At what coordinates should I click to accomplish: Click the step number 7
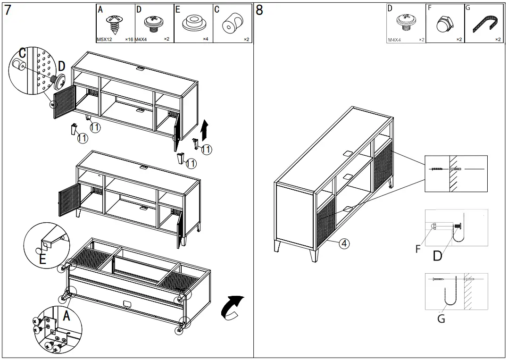tap(8, 10)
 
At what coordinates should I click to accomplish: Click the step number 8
tap(259, 10)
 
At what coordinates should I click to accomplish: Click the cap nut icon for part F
tap(444, 24)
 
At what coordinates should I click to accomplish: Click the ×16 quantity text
tap(129, 40)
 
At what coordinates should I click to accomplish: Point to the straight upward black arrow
tap(204, 130)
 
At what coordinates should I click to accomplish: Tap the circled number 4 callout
tap(344, 243)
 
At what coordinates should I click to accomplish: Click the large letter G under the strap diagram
tap(441, 319)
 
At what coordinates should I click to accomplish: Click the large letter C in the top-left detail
tap(22, 53)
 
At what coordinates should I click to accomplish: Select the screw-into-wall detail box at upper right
tap(456, 174)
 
